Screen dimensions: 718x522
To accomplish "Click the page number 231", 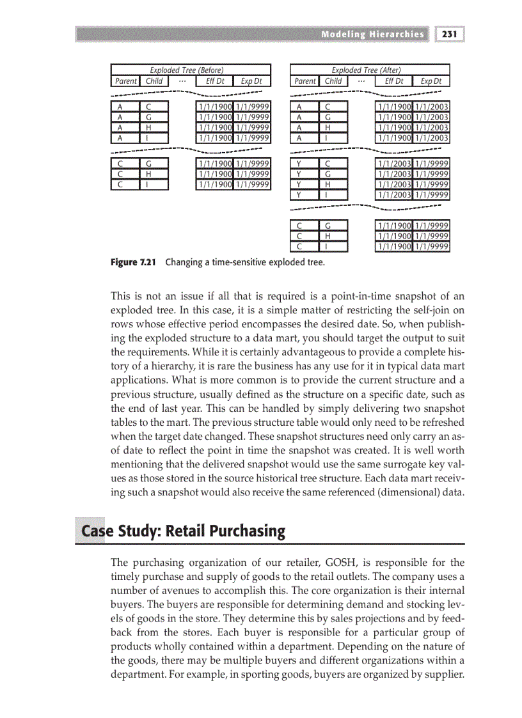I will (x=450, y=34).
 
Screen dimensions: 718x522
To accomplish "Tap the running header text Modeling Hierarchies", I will (x=372, y=34).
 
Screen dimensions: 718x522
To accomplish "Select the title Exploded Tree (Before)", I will (x=186, y=70).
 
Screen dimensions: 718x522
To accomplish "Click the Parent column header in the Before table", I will (x=125, y=81).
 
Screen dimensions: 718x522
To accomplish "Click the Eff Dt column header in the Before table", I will (x=214, y=81).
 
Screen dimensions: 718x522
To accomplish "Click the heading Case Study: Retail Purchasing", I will (x=183, y=531).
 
